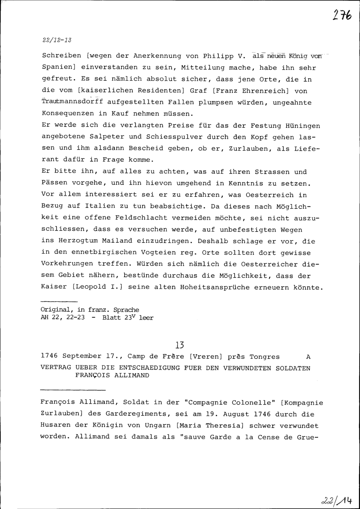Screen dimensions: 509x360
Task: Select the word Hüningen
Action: click(302, 126)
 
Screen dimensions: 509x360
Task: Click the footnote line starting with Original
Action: click(90, 310)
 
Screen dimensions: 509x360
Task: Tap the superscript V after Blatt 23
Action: click(133, 316)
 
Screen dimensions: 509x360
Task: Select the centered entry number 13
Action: click(180, 345)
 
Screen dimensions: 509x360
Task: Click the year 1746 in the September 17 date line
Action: click(50, 357)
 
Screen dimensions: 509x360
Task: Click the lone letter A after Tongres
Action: click(307, 357)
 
